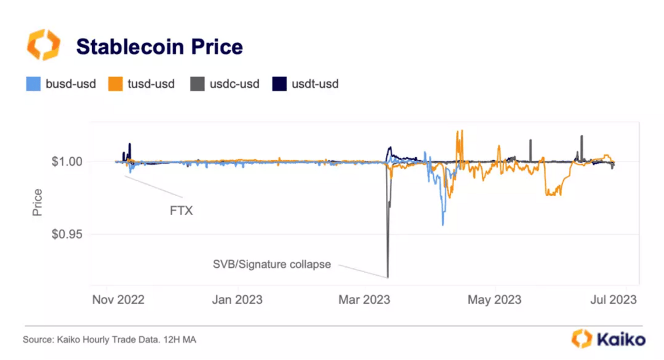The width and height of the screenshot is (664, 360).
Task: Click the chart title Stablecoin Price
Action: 159,47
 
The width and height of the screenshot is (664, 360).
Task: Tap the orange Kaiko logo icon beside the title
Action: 44,45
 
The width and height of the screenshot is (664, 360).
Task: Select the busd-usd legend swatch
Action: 33,84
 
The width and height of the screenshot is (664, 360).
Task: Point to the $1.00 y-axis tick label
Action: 67,162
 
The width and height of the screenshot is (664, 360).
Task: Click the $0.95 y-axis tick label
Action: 67,235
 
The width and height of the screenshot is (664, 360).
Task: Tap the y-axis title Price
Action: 38,202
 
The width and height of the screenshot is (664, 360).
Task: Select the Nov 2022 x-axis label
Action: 118,299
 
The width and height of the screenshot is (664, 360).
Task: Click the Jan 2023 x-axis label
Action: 237,299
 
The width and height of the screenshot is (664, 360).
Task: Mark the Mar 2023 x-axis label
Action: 364,299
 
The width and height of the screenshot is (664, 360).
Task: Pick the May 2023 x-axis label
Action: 494,299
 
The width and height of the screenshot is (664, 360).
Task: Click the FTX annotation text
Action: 181,211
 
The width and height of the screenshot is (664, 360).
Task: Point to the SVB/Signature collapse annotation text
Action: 272,265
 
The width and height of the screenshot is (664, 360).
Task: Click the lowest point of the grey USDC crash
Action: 388,277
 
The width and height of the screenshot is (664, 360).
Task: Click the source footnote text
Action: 109,340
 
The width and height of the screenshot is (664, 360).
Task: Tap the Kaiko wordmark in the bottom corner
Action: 621,339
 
